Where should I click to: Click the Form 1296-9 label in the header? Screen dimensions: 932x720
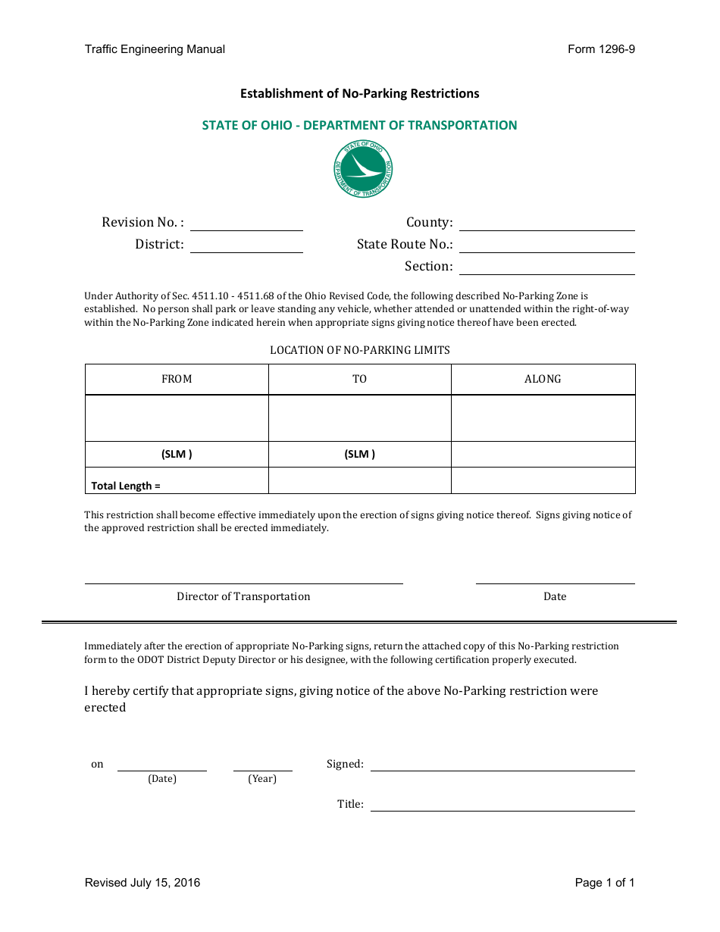tap(601, 49)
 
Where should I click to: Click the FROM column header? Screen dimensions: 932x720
tap(177, 379)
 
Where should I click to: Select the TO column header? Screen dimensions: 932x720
tap(359, 379)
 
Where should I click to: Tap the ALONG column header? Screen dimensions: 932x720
tap(543, 379)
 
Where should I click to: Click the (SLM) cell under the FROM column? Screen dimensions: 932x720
tap(177, 455)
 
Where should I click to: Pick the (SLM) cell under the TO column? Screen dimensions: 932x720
tap(359, 455)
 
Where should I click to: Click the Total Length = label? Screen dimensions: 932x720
tap(126, 486)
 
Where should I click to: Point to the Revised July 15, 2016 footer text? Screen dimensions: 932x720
tap(142, 883)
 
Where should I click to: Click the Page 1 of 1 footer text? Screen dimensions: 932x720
tap(604, 883)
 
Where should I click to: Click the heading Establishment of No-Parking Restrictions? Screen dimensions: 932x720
tap(359, 94)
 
